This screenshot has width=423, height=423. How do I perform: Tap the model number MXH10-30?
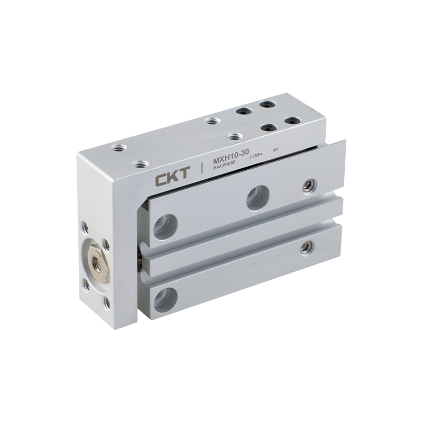coord(231,157)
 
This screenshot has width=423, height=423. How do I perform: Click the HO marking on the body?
coord(275,150)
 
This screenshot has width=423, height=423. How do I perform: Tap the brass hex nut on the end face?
coord(99,263)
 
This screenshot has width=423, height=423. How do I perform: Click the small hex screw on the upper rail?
coord(309,186)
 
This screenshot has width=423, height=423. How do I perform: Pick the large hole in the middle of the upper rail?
coord(258,197)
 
